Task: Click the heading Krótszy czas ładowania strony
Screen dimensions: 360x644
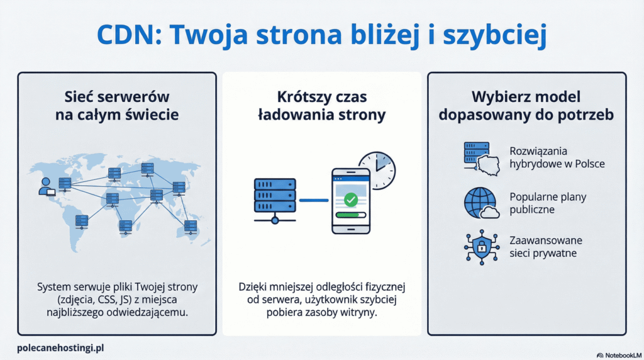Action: [x=321, y=106]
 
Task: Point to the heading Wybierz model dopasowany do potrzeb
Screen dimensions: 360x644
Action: [x=526, y=106]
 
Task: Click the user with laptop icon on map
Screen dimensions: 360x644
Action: [x=46, y=187]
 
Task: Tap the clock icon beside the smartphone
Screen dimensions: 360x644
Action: [x=376, y=170]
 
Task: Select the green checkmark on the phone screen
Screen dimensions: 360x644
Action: [x=350, y=200]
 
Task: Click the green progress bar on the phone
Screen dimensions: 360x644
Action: [x=350, y=214]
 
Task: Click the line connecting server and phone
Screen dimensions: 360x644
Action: [x=313, y=201]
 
